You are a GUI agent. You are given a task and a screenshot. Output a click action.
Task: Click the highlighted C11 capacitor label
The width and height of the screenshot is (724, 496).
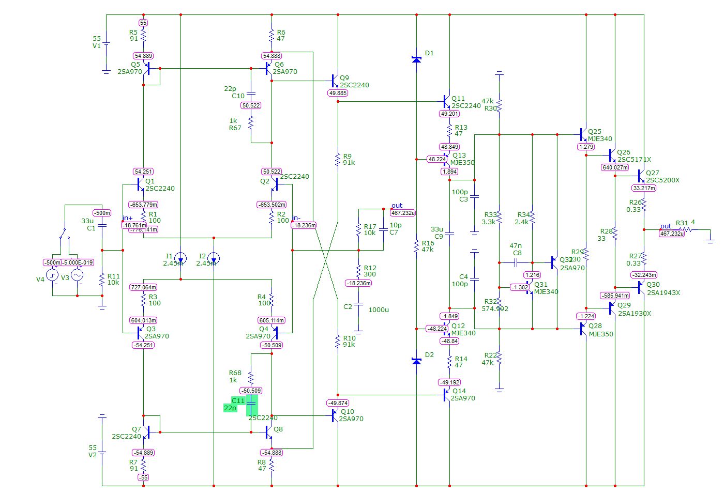[238, 401]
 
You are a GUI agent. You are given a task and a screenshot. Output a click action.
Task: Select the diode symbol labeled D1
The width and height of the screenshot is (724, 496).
[416, 59]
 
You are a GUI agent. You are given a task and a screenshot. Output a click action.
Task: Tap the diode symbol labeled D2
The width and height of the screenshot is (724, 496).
[416, 361]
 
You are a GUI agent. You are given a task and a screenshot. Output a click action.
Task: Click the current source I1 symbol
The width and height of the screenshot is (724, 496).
[180, 258]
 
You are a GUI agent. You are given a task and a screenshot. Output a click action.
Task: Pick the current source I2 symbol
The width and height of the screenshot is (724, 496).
[214, 258]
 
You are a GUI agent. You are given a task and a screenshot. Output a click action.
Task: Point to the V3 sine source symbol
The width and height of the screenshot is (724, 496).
[77, 275]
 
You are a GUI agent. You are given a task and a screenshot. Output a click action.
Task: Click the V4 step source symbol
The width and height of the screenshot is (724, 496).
[53, 275]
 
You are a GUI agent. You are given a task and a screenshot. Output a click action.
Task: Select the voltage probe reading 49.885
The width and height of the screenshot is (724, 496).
[338, 93]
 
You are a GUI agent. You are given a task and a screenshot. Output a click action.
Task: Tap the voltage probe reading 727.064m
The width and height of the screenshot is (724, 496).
[143, 287]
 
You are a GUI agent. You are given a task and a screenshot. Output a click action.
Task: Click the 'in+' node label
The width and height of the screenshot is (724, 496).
[127, 218]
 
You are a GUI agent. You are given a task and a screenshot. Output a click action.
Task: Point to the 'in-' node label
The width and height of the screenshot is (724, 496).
[296, 218]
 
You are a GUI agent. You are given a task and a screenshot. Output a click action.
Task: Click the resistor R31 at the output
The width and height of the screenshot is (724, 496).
[685, 230]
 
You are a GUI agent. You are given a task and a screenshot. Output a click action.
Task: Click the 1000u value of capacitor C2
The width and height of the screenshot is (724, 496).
[379, 309]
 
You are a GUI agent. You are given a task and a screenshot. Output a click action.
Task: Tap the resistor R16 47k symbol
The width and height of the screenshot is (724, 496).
[416, 246]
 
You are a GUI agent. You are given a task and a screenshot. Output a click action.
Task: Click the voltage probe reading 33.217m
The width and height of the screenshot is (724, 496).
[644, 188]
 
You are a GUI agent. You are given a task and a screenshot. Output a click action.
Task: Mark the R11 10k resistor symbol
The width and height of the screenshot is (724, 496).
[102, 280]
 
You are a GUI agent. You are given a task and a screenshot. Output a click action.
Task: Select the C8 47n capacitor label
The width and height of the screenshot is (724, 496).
[516, 250]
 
